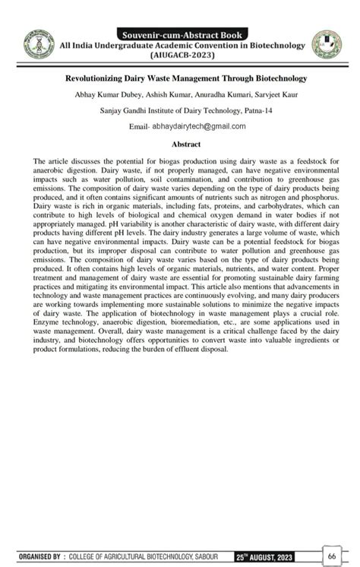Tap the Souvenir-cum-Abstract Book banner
(179, 34)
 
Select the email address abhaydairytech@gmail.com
(199, 126)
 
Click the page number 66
(332, 556)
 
